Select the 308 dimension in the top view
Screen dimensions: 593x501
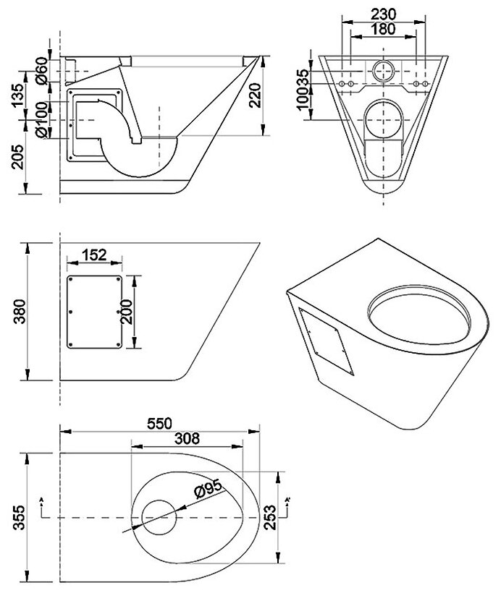point(186,438)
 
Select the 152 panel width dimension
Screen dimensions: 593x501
point(94,254)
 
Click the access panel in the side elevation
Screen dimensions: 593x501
point(94,310)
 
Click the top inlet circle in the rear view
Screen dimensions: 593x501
point(384,69)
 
